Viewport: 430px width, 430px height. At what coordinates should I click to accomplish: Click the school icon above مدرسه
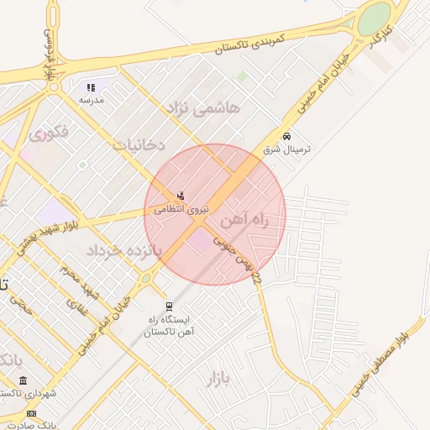(x=92, y=87)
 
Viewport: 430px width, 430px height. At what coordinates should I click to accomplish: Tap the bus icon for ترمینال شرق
(x=287, y=135)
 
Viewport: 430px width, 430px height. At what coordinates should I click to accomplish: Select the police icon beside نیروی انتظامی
(x=181, y=196)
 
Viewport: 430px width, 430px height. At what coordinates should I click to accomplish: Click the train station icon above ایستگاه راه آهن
(x=170, y=306)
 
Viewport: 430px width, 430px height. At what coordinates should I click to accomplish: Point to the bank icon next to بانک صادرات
(x=32, y=413)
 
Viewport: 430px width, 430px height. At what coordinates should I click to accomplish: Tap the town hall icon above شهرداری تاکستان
(x=22, y=380)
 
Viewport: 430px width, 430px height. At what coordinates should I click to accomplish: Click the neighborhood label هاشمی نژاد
(x=205, y=107)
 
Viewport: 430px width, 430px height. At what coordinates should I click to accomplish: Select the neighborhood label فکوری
(x=48, y=132)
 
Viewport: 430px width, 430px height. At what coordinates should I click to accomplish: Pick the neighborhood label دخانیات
(x=138, y=144)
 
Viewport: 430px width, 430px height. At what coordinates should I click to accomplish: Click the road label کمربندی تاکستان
(x=249, y=44)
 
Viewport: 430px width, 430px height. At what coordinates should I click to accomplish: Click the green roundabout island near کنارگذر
(x=375, y=18)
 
